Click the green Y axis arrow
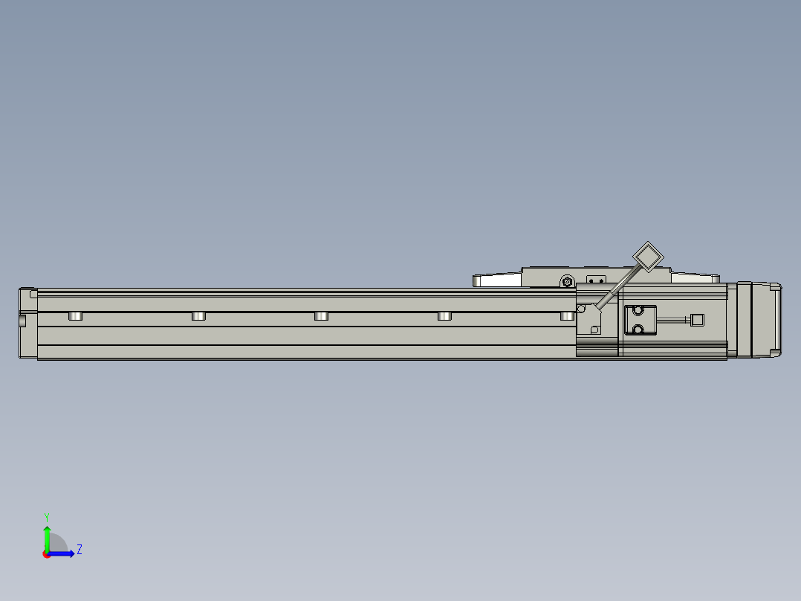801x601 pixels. pyautogui.click(x=47, y=537)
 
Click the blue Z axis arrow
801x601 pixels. pyautogui.click(x=64, y=553)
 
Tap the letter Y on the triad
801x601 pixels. pyautogui.click(x=47, y=516)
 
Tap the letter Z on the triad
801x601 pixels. pyautogui.click(x=80, y=550)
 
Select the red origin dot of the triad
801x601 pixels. pyautogui.click(x=47, y=554)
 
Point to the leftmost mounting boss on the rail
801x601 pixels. pyautogui.click(x=75, y=316)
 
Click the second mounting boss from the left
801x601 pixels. pyautogui.click(x=198, y=316)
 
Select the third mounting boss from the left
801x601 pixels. pyautogui.click(x=321, y=316)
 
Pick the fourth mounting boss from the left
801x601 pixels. pyautogui.click(x=444, y=316)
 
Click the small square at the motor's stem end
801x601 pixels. pyautogui.click(x=697, y=320)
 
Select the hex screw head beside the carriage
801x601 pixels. pyautogui.click(x=568, y=282)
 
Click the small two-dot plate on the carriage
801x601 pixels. pyautogui.click(x=595, y=280)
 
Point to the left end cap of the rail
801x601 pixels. pyautogui.click(x=27, y=324)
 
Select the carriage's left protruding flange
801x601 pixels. pyautogui.click(x=498, y=280)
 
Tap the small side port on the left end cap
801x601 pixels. pyautogui.click(x=22, y=321)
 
